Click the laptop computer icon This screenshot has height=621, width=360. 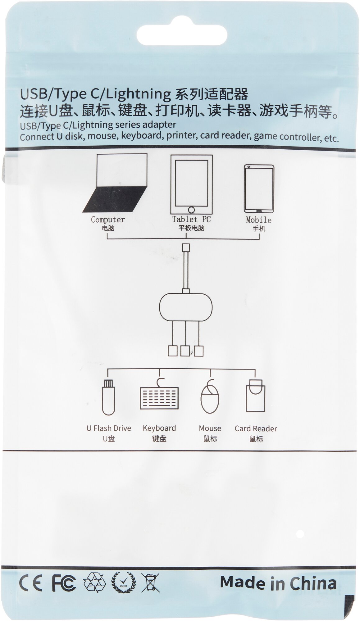click(x=115, y=183)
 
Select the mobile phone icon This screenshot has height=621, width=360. click(x=259, y=188)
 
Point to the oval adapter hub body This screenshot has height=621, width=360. click(x=186, y=307)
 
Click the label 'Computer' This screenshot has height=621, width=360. click(x=108, y=220)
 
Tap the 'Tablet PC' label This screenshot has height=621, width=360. click(x=191, y=219)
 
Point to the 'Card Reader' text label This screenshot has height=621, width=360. click(x=256, y=429)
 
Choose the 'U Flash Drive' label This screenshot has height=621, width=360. click(x=109, y=428)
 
